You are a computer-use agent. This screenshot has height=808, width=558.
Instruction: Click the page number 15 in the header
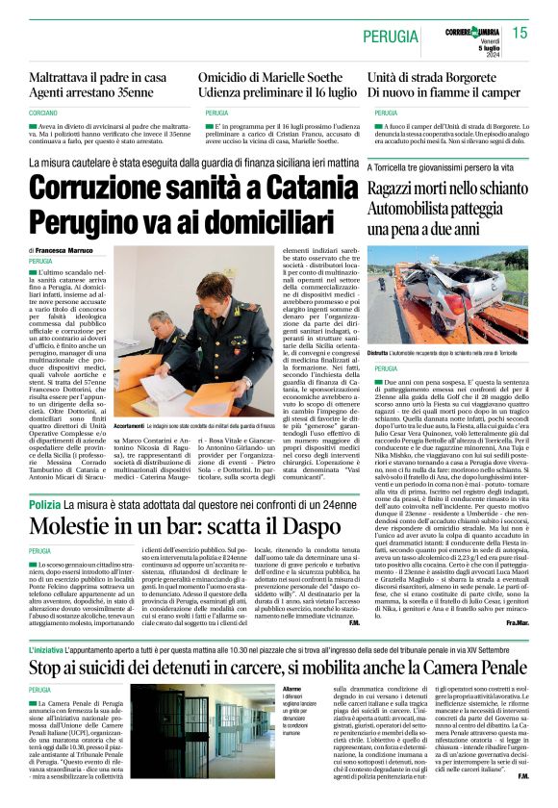(x=520, y=33)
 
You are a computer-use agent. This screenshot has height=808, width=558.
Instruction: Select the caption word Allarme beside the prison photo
(x=291, y=663)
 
